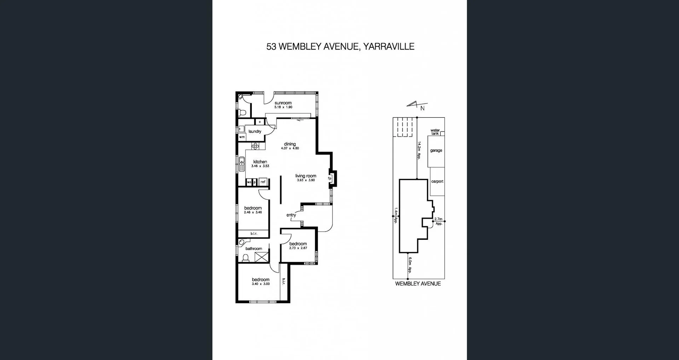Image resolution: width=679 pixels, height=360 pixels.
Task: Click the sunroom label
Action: pyautogui.click(x=283, y=103)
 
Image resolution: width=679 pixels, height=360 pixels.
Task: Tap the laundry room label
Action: pyautogui.click(x=255, y=132)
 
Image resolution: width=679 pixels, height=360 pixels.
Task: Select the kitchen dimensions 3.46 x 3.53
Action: pyautogui.click(x=260, y=166)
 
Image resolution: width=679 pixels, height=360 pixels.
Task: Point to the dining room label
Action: pyautogui.click(x=290, y=144)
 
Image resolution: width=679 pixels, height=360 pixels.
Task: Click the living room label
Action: pyautogui.click(x=306, y=176)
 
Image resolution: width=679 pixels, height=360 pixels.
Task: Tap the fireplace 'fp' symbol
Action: pyautogui.click(x=330, y=178)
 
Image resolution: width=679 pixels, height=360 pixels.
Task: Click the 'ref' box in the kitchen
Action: pyautogui.click(x=263, y=182)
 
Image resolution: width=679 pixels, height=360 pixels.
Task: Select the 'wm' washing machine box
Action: pyautogui.click(x=242, y=137)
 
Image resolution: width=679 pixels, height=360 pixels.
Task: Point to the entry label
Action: pyautogui.click(x=291, y=215)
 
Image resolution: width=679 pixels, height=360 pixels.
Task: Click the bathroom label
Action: pyautogui.click(x=254, y=249)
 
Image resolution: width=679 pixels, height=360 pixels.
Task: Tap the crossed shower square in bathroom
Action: pyautogui.click(x=261, y=257)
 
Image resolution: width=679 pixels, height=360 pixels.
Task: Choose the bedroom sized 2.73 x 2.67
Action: pyautogui.click(x=298, y=244)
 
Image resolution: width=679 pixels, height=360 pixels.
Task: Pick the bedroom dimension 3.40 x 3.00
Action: pyautogui.click(x=261, y=284)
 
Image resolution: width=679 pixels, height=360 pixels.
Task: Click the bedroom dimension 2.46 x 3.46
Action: pyautogui.click(x=253, y=213)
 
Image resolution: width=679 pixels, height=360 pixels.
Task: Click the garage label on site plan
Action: pyautogui.click(x=436, y=150)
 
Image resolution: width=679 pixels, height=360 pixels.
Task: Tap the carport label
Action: pyautogui.click(x=437, y=181)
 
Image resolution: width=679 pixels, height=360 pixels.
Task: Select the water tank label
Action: pyautogui.click(x=435, y=132)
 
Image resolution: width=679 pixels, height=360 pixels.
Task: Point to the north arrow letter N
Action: pyautogui.click(x=422, y=109)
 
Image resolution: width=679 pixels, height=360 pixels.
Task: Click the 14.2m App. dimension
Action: pyautogui.click(x=419, y=151)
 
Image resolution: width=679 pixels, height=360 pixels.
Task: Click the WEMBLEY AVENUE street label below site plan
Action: pyautogui.click(x=418, y=284)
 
